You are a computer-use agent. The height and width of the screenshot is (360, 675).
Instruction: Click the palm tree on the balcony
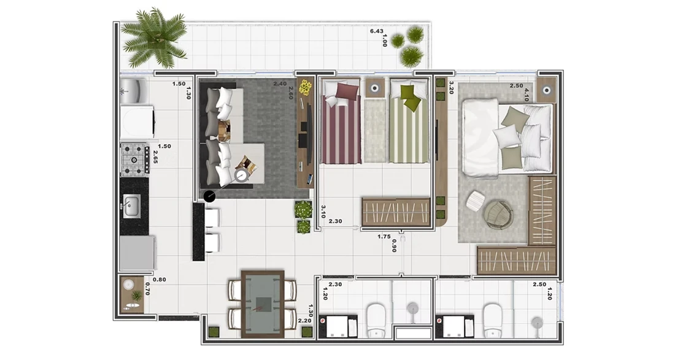153,38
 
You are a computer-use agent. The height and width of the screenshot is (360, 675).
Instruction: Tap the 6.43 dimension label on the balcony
376,31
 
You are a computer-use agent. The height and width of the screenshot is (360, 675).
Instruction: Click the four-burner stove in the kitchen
135,159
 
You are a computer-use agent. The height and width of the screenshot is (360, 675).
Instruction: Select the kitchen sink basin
131,205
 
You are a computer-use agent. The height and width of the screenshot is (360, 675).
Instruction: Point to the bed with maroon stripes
341,121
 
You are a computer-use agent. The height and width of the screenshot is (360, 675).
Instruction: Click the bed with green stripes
409,121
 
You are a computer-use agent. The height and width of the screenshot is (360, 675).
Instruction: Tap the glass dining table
263,304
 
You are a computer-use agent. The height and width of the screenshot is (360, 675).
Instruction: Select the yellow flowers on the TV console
306,87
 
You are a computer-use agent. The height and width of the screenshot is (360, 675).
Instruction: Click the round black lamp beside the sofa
209,196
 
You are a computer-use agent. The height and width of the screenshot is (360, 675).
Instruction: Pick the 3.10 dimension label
323,212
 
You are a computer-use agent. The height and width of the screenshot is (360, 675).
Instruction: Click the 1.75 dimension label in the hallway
384,237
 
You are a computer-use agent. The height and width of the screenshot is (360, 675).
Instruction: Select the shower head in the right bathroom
537,322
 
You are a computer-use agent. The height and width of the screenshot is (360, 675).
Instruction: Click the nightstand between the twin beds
375,88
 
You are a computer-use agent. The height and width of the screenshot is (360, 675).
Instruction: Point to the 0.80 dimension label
160,280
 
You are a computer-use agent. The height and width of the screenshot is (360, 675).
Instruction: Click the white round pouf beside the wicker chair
475,201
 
